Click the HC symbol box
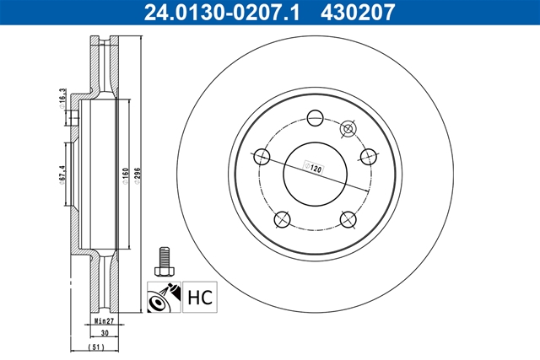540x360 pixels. pos(197,297)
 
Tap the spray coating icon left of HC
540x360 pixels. pos(164,297)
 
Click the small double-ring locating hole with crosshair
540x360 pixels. pos(347,129)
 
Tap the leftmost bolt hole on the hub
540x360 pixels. pos(262,157)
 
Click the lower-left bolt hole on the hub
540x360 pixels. pos(281,219)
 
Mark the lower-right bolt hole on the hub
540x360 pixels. pos(346,219)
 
